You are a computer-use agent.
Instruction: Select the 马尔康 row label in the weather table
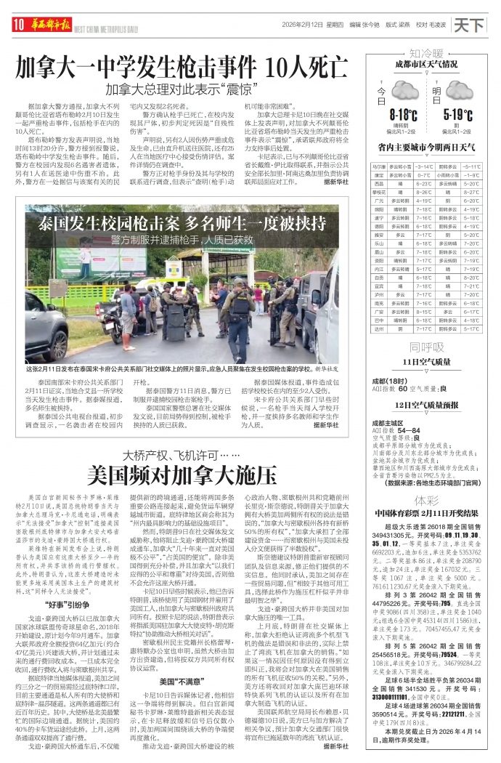pos(378,166)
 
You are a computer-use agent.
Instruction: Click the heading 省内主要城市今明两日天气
pos(426,148)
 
